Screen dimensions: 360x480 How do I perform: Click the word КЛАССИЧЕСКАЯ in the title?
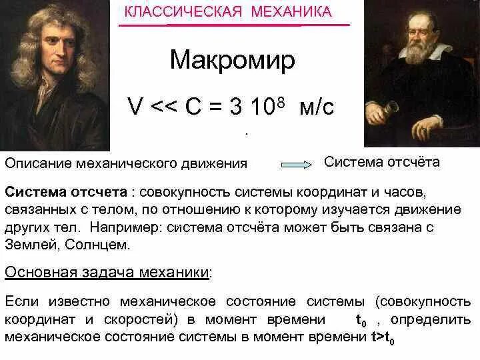tap(171, 12)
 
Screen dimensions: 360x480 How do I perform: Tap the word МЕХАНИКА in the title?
tap(287, 12)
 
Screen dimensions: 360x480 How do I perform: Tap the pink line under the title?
tap(234, 25)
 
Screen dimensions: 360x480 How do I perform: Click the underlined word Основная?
tap(37, 272)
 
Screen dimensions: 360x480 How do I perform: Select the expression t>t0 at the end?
tap(383, 338)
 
